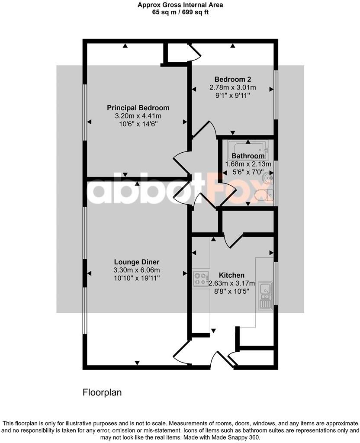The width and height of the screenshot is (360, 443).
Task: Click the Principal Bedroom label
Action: (x=138, y=108)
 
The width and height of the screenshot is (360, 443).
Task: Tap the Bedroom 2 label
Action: (x=233, y=79)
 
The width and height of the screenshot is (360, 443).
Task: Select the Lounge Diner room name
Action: (x=137, y=262)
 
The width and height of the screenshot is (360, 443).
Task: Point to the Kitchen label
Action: (x=231, y=275)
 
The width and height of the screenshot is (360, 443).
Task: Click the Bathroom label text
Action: (x=248, y=156)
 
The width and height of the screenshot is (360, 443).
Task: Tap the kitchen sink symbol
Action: (x=264, y=296)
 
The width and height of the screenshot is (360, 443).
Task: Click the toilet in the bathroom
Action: (x=263, y=196)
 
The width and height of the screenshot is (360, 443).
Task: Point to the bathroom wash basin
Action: (x=269, y=177)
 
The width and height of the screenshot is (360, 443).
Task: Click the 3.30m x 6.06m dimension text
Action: (x=137, y=270)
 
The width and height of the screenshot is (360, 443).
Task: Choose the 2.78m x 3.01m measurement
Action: (x=233, y=87)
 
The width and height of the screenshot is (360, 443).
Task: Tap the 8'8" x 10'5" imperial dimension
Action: (x=231, y=292)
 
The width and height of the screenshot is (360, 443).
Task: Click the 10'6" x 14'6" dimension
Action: (x=138, y=124)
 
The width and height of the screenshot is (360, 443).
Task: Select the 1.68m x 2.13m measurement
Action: (x=248, y=164)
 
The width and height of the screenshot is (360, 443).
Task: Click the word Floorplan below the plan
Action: (x=102, y=392)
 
